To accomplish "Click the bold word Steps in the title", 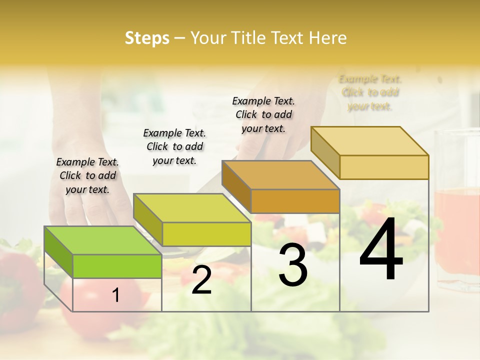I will [147, 38].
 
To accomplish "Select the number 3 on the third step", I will [293, 266].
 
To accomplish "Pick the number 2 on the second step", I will [201, 280].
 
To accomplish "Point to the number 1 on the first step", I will [116, 295].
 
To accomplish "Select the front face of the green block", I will [117, 266].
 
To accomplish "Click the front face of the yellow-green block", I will [206, 234].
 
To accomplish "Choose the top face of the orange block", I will [280, 174].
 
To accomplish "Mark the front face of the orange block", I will [295, 201].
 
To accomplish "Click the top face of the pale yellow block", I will [369, 140].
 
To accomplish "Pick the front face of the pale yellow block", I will [384, 167].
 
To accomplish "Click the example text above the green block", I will [87, 175].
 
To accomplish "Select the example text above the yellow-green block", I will [174, 146].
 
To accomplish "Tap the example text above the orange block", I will [263, 114].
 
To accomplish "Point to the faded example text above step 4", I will [370, 92].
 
